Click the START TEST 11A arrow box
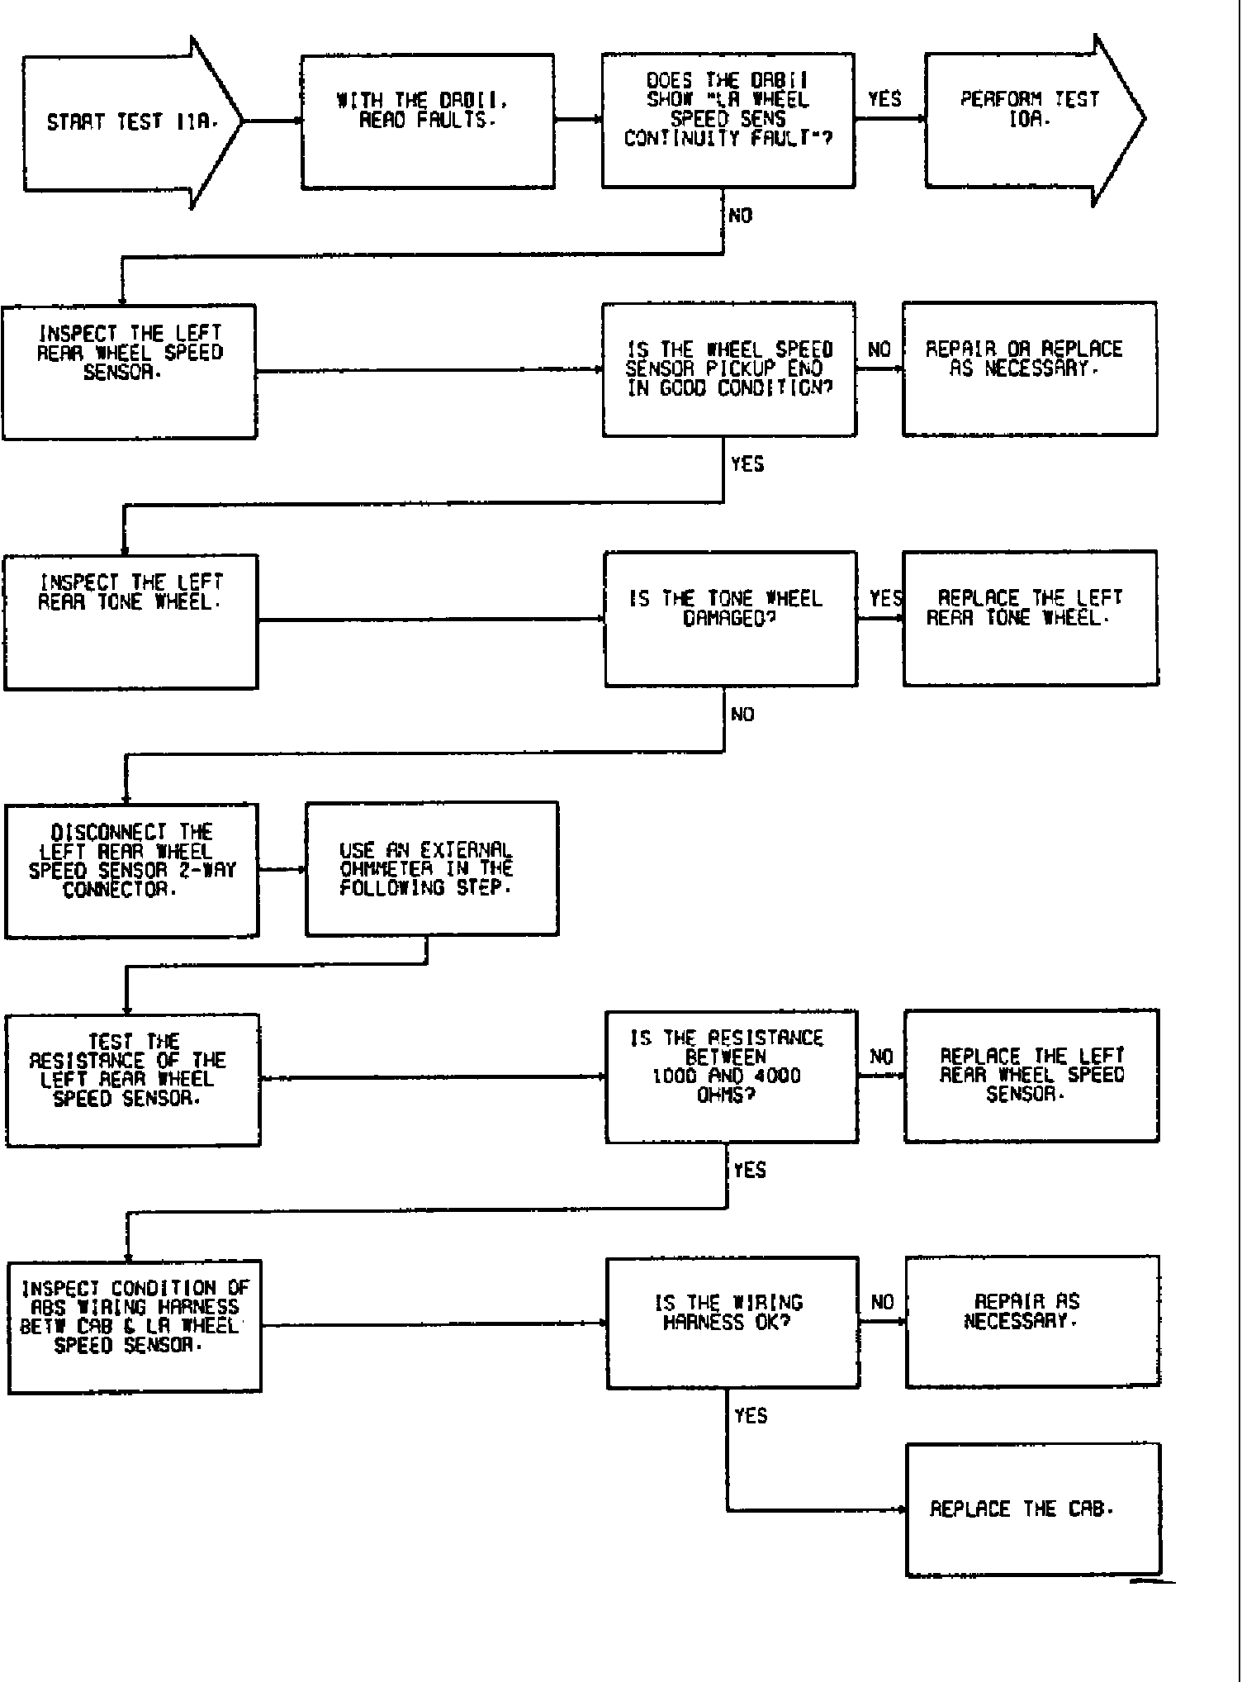[124, 122]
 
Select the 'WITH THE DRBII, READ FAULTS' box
[427, 121]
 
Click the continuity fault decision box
[728, 121]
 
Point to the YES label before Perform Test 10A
[884, 100]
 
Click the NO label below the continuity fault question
[741, 216]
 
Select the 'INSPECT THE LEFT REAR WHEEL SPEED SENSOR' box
[130, 372]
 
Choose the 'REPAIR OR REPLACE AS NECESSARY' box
[1029, 368]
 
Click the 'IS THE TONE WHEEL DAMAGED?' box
[731, 619]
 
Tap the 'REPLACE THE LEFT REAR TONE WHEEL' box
[1030, 618]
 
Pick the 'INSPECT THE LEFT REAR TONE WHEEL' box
[130, 621]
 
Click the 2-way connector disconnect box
[132, 870]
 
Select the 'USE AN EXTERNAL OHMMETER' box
[431, 868]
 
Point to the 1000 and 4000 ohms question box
[732, 1076]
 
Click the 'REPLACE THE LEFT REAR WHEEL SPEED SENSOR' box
[1031, 1076]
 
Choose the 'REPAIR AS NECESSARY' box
[1032, 1322]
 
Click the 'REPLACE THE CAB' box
[1033, 1509]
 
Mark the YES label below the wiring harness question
[751, 1416]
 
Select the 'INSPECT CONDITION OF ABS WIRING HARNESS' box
[134, 1327]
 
